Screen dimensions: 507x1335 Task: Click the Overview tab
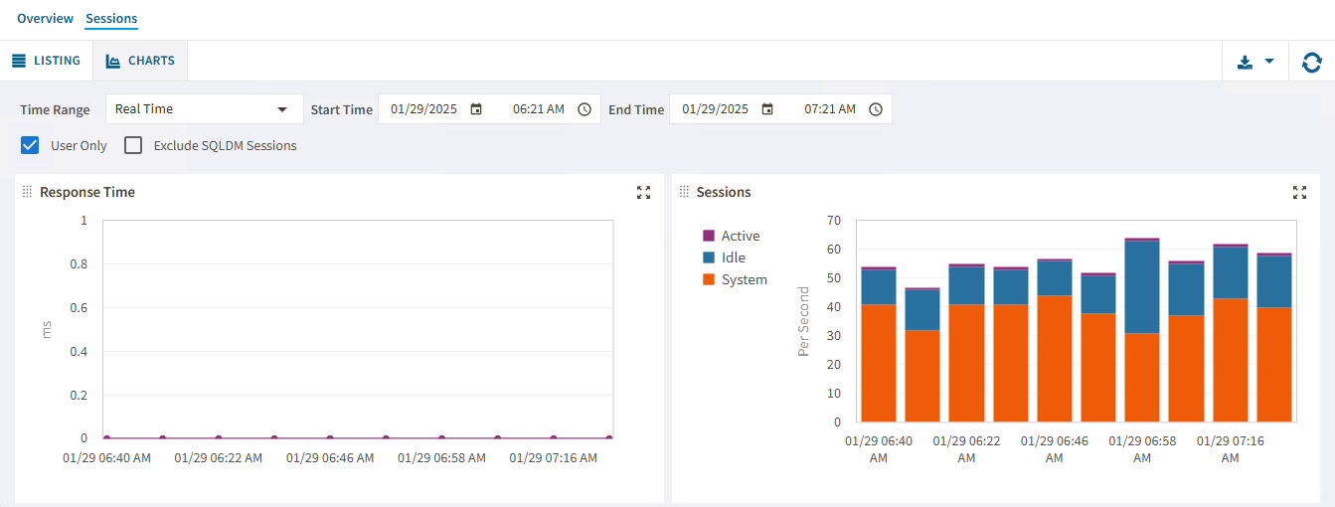[45, 19]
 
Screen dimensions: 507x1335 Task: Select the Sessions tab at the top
[111, 19]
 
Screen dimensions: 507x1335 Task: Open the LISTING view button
[47, 61]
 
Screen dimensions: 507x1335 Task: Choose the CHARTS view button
[140, 61]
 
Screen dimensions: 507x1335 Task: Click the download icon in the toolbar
[1246, 62]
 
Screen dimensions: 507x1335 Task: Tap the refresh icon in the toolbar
[1312, 62]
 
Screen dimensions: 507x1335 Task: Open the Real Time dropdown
[204, 109]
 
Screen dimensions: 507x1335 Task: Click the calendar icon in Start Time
[476, 109]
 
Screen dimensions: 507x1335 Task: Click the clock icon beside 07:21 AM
[876, 109]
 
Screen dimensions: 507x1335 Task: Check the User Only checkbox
[30, 145]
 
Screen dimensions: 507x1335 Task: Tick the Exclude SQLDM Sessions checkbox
[133, 145]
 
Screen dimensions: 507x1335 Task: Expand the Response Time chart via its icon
[643, 193]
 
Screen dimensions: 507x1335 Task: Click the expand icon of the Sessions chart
[1299, 193]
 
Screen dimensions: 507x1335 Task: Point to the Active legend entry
[731, 236]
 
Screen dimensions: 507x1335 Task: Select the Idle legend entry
[724, 257]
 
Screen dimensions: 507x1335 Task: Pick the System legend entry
[735, 279]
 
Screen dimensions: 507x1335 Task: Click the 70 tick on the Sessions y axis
[833, 221]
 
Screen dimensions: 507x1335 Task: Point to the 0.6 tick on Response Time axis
[78, 308]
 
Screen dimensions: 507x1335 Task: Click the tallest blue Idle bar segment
[1142, 287]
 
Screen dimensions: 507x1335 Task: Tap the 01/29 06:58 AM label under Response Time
[441, 458]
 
